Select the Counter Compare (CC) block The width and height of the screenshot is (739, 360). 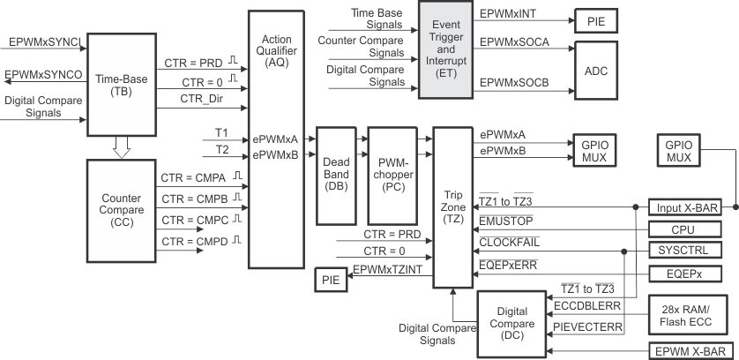click(x=122, y=208)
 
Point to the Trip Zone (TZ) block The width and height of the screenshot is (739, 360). click(x=452, y=206)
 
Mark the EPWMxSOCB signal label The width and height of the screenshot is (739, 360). click(x=515, y=82)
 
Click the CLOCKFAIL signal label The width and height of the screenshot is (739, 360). click(x=510, y=240)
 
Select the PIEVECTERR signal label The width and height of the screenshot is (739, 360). click(x=577, y=326)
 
